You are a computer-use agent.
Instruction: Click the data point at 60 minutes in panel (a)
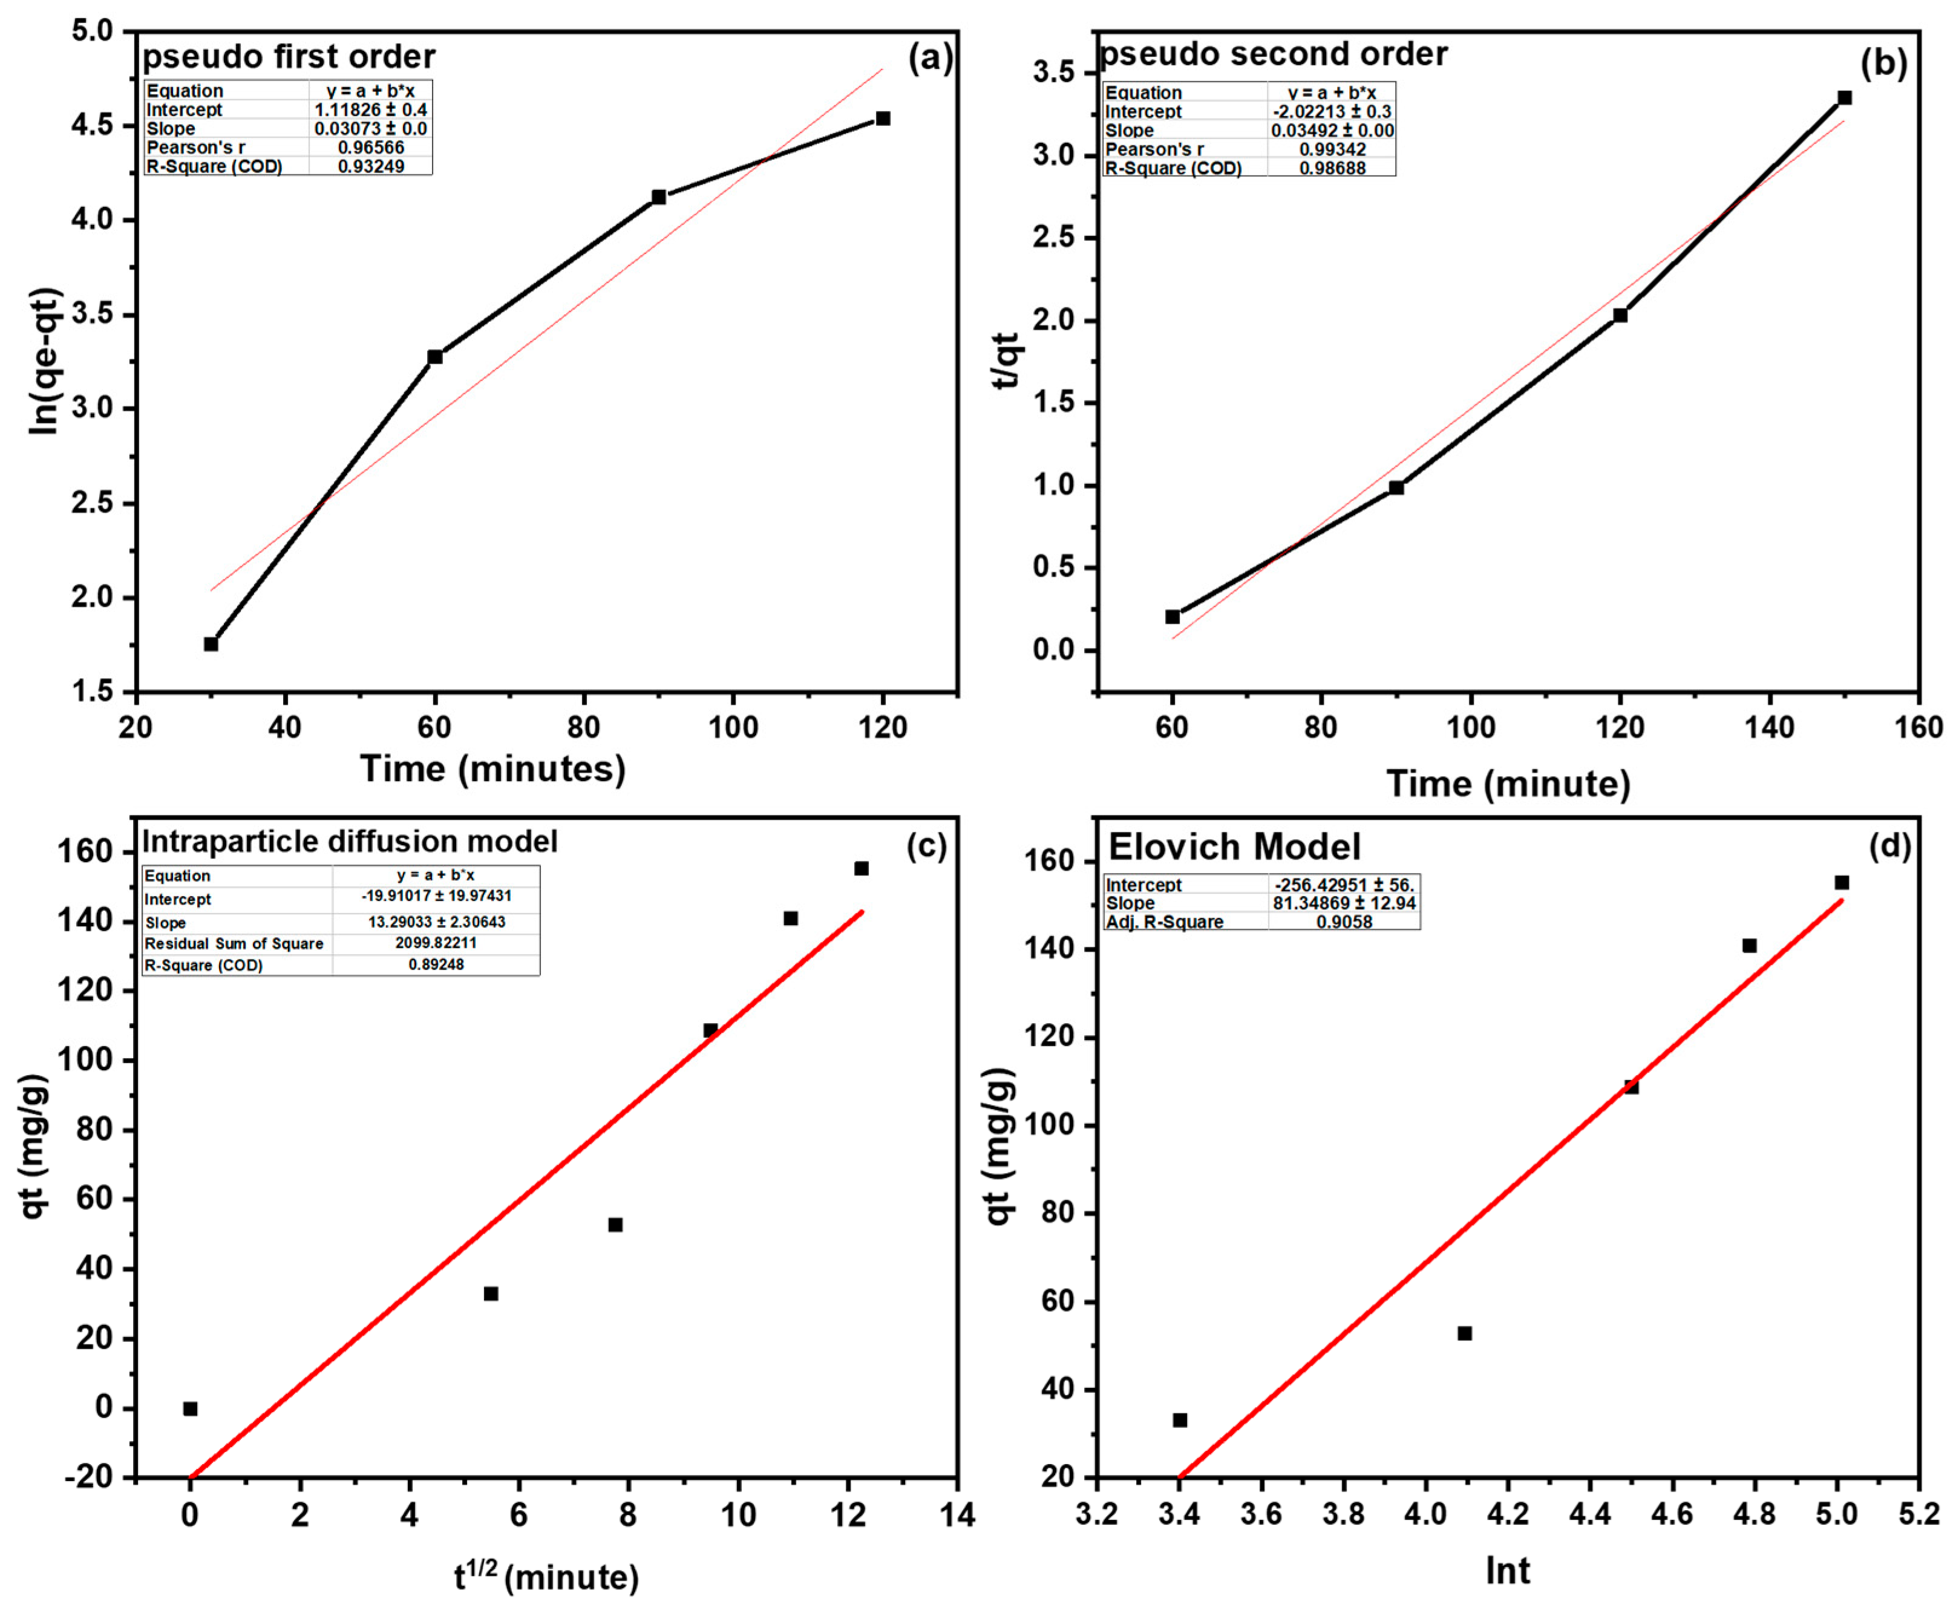tap(434, 356)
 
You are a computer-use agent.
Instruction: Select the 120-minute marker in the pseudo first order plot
tap(882, 118)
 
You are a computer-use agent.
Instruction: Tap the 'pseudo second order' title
tap(1273, 54)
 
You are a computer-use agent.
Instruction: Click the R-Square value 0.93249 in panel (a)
tap(370, 166)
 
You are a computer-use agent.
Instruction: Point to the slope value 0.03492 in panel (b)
tap(1332, 130)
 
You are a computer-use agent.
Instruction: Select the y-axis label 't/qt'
tap(1007, 360)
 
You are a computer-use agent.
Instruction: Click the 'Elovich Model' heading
tap(1234, 847)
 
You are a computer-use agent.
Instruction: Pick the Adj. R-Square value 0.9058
tap(1343, 921)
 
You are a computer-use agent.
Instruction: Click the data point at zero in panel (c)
tap(190, 1408)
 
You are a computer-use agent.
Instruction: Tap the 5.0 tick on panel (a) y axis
tap(91, 31)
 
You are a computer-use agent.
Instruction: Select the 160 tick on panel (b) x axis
tap(1918, 727)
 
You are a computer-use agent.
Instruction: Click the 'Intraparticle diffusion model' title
tap(349, 842)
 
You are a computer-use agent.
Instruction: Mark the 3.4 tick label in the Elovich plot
tap(1178, 1514)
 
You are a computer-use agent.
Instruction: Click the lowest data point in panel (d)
tap(1179, 1419)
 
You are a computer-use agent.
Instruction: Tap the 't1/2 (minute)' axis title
tap(546, 1577)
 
